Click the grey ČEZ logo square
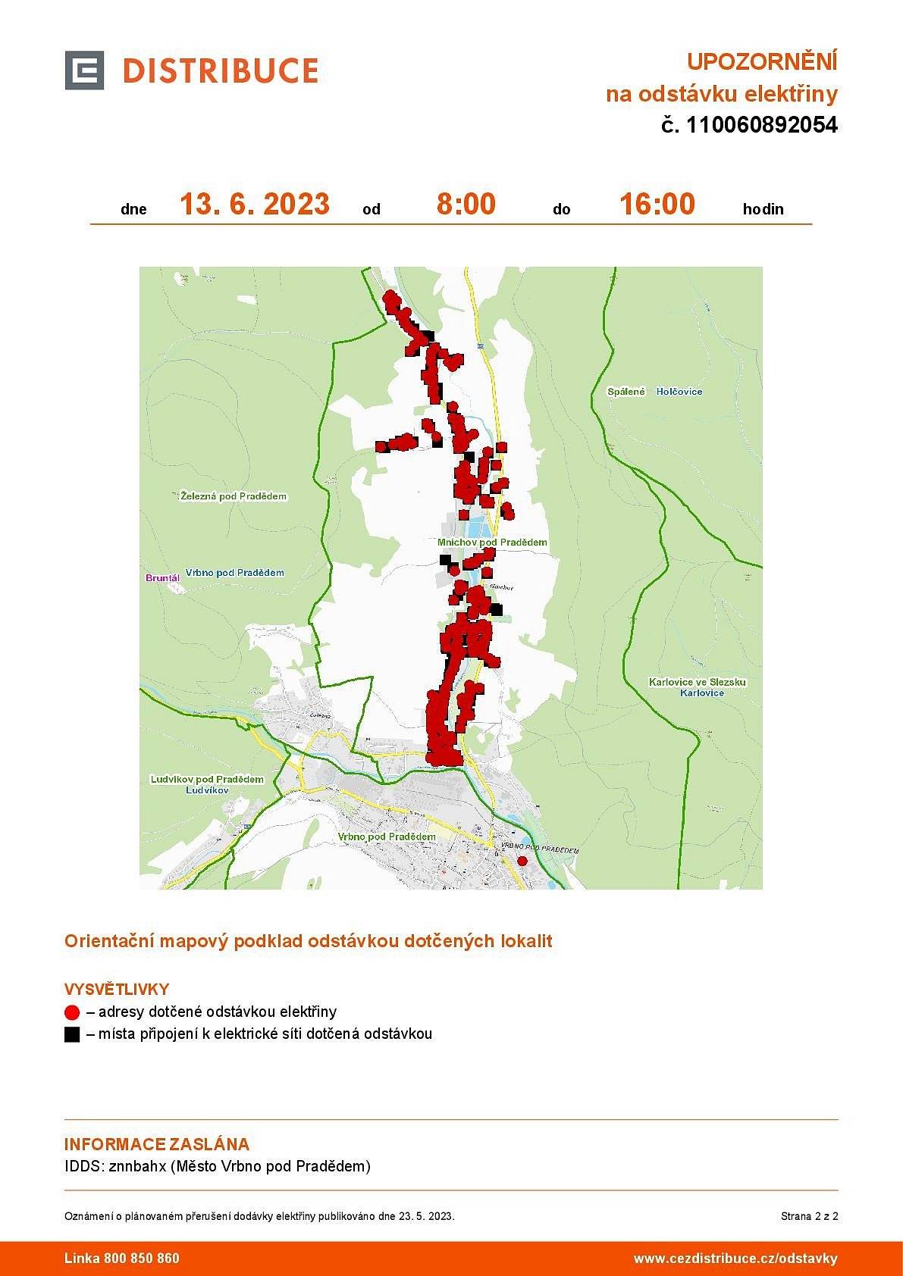point(84,70)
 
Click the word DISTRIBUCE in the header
point(220,71)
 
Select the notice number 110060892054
point(761,125)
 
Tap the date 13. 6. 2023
point(255,205)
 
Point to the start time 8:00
point(466,205)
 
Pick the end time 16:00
point(657,205)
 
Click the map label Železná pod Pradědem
point(234,496)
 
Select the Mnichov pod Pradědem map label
point(492,543)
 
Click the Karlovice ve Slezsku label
point(698,682)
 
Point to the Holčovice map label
point(679,392)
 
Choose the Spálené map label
point(626,392)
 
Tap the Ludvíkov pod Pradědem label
point(207,779)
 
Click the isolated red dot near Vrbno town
point(522,861)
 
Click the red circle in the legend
point(72,1012)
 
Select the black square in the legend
point(72,1034)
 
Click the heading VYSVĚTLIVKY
point(117,989)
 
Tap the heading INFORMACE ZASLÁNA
point(157,1144)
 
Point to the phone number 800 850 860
point(142,1259)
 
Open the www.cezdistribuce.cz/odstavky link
point(735,1259)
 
